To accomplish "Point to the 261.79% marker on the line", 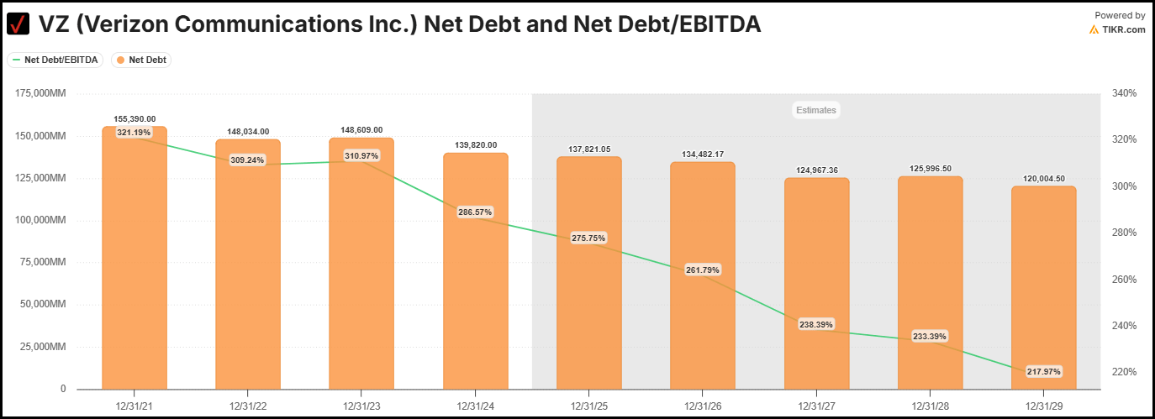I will tap(703, 270).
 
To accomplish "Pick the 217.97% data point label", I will tap(1043, 371).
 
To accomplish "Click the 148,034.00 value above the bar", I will tap(248, 131).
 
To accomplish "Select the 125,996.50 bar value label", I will tap(930, 169).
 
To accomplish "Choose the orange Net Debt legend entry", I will tap(141, 60).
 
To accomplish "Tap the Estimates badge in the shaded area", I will tap(816, 110).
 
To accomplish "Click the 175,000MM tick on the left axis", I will tap(41, 94).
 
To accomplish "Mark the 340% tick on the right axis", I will tap(1125, 94).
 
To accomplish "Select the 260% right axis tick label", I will tap(1125, 280).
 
